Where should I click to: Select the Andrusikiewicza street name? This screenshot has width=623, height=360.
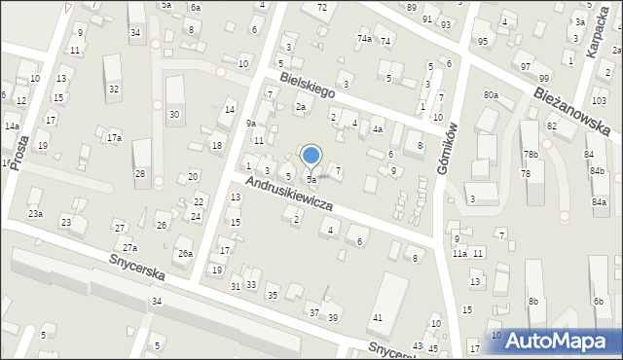[x=289, y=195]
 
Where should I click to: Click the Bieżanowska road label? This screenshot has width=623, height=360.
[x=570, y=108]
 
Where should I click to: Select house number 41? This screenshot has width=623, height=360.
[x=377, y=318]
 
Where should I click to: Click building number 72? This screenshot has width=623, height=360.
[x=321, y=8]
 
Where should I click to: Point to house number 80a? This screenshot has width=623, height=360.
[x=491, y=94]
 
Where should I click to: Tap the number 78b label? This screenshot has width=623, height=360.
[x=530, y=155]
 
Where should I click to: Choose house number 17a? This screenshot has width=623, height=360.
[x=114, y=138]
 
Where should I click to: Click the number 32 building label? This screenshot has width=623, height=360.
[x=114, y=89]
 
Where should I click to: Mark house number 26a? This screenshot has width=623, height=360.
[x=184, y=254]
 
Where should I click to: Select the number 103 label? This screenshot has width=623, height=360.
[x=599, y=101]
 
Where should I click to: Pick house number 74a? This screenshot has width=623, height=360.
[x=364, y=38]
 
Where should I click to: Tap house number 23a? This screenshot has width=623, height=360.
[x=35, y=213]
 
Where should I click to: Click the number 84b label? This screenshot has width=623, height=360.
[x=596, y=171]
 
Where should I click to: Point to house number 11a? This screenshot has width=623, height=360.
[x=458, y=253]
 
